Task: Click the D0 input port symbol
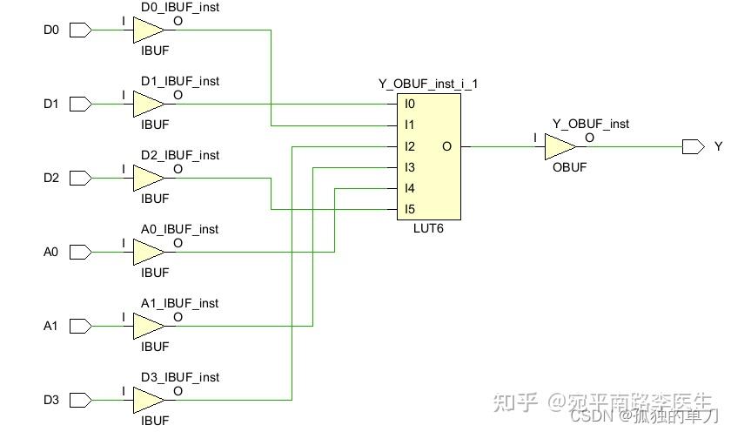coord(80,30)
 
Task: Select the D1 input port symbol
coord(80,105)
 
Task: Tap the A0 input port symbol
coord(80,253)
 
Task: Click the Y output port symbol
coord(693,146)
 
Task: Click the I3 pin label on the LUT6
coord(409,167)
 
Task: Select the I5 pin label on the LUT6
coord(409,210)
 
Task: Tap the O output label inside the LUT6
coord(446,146)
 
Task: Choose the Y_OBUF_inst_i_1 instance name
coord(428,84)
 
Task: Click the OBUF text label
coord(569,166)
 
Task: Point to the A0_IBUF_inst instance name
coord(180,229)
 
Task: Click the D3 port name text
coord(51,401)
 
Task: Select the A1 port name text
coord(51,327)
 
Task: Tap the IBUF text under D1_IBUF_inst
coord(155,125)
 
